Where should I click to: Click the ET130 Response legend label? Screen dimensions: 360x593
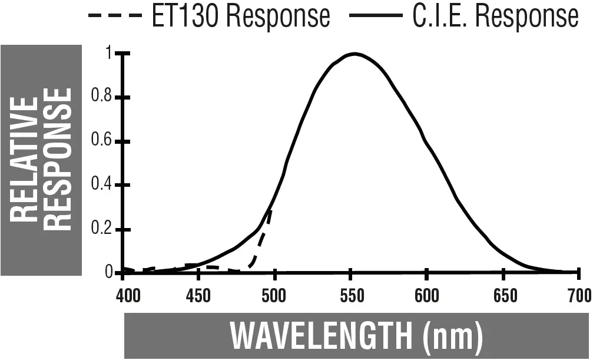pos(240,16)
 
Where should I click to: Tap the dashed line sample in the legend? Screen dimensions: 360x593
pos(115,16)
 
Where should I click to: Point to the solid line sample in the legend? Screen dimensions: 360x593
pos(375,16)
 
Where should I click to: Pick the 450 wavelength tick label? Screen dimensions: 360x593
pos(198,295)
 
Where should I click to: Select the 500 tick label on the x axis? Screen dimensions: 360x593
pos(274,295)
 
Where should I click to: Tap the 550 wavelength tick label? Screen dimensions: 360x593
pos(350,295)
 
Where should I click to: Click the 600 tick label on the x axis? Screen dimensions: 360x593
pos(426,295)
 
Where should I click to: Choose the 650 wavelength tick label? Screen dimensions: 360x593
pos(503,295)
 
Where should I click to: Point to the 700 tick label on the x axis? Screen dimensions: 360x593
pos(578,295)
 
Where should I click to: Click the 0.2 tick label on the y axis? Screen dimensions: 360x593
pos(102,230)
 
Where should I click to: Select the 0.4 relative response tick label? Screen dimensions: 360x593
pos(102,186)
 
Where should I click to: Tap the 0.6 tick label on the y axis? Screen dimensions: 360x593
pos(102,142)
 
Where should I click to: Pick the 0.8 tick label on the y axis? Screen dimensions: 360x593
pos(102,98)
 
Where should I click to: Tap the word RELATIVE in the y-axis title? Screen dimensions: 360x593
pos(24,160)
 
